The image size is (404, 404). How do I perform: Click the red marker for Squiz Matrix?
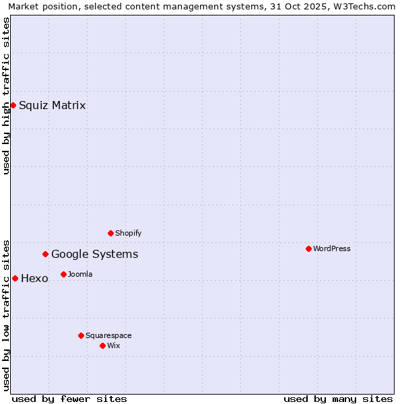[x=13, y=105]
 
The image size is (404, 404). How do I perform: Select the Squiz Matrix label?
[x=53, y=105]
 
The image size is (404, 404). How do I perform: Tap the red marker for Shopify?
[x=110, y=233]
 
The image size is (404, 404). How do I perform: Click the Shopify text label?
[x=128, y=233]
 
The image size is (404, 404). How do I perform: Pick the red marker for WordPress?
[x=308, y=248]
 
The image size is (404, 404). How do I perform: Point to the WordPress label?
[x=331, y=248]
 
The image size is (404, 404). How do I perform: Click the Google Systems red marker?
[x=46, y=254]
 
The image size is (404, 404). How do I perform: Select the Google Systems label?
[x=95, y=254]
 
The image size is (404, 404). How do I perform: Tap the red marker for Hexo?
[x=15, y=278]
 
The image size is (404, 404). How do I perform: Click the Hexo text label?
[x=34, y=279]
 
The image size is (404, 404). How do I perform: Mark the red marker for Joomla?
[x=63, y=274]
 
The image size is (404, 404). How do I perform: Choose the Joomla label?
[x=80, y=274]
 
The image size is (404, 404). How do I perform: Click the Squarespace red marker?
[x=81, y=335]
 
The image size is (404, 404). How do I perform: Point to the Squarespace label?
[x=108, y=335]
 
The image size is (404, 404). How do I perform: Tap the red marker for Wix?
[x=102, y=345]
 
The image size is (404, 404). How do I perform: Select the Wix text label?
[x=114, y=345]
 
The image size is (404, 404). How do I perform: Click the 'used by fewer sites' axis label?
[x=69, y=399]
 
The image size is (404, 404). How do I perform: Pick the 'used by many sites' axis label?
[x=338, y=399]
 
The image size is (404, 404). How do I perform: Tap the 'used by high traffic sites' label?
[x=6, y=96]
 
